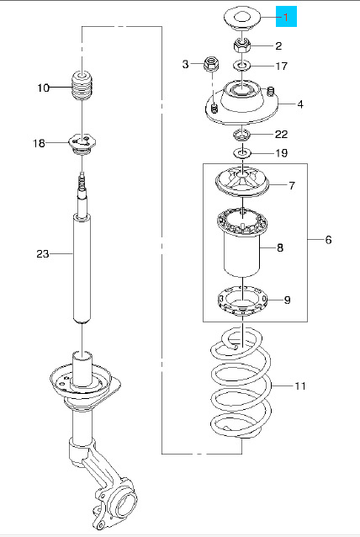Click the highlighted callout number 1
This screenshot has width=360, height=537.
pos(286,17)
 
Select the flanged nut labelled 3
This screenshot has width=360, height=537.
pos(212,64)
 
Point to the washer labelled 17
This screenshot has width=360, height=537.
pos(242,65)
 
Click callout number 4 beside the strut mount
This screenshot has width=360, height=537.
pos(300,104)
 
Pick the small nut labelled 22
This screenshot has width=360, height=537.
pos(242,135)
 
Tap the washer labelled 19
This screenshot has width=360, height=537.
pos(242,152)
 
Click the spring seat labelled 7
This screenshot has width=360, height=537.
pos(242,182)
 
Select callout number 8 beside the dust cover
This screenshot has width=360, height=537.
pos(280,247)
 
